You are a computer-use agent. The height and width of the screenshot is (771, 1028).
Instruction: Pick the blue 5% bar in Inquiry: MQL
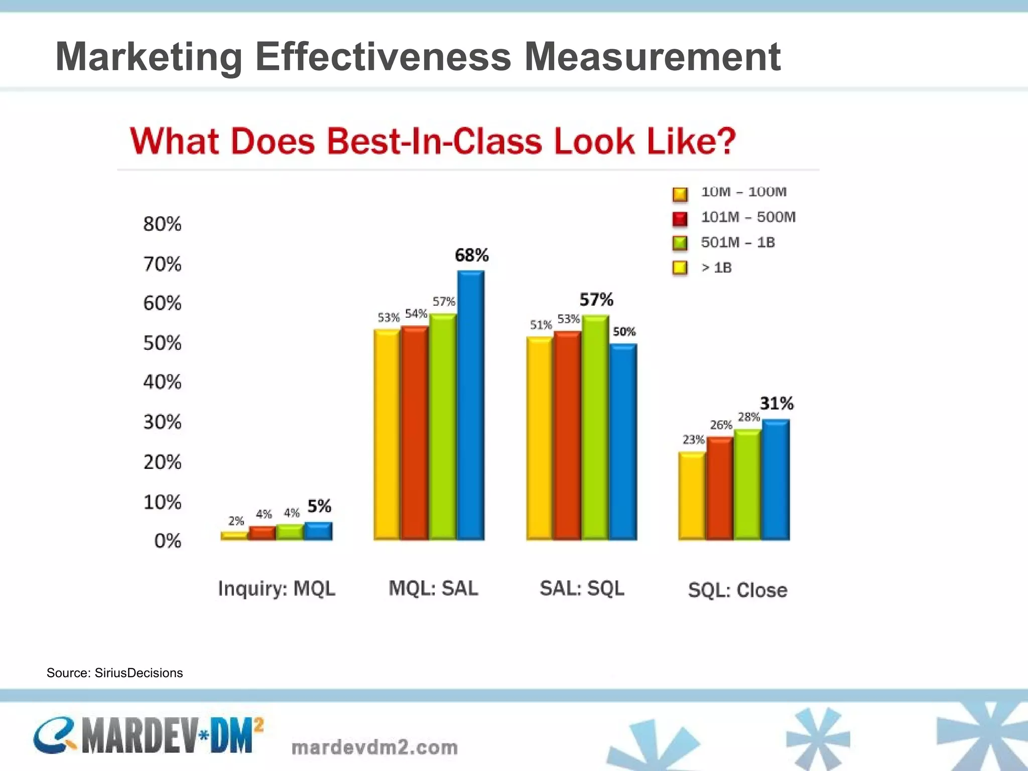tap(318, 531)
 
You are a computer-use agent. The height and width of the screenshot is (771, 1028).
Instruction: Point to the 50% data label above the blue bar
tap(624, 331)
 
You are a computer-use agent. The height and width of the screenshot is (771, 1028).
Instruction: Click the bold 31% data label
tap(777, 403)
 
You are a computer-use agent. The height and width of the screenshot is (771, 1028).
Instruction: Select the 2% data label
tap(236, 521)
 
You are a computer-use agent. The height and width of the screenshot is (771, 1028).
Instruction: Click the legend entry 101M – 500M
tap(748, 217)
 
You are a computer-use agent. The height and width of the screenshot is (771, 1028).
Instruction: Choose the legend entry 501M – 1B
tap(738, 242)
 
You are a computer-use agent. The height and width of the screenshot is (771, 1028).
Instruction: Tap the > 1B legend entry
tap(716, 268)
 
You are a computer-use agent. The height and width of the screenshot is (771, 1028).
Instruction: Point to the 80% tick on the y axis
tap(162, 224)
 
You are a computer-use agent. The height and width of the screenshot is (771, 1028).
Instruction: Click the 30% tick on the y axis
tap(162, 422)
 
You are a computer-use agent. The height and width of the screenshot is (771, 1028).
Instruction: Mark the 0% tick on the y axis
tap(168, 541)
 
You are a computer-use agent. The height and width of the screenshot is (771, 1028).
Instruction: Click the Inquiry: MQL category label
tap(277, 588)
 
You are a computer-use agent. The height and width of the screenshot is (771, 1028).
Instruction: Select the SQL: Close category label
tap(737, 590)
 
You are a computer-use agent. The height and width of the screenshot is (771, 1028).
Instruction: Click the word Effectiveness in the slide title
tap(383, 56)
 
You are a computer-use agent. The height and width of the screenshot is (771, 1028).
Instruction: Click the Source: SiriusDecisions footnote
tap(114, 673)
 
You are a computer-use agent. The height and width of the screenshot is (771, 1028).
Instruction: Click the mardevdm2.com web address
tap(374, 747)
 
